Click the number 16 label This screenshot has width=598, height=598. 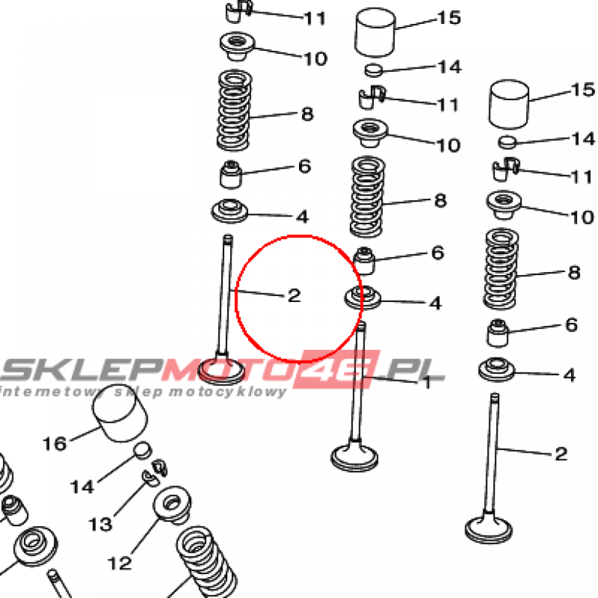click(55, 444)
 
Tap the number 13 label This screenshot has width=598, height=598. click(100, 524)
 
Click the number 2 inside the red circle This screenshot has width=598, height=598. click(294, 295)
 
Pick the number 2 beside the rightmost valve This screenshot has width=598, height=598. click(561, 454)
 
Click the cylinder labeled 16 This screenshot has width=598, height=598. click(120, 413)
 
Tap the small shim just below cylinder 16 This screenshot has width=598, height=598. click(142, 450)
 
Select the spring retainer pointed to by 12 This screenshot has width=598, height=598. click(172, 505)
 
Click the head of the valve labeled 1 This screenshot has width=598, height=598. click(354, 458)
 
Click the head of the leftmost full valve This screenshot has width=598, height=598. click(222, 370)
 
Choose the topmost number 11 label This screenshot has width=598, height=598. click(315, 18)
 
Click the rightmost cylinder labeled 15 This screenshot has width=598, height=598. click(509, 104)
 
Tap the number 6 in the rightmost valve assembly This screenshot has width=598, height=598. click(571, 325)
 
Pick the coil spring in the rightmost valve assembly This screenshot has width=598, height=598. click(501, 269)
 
